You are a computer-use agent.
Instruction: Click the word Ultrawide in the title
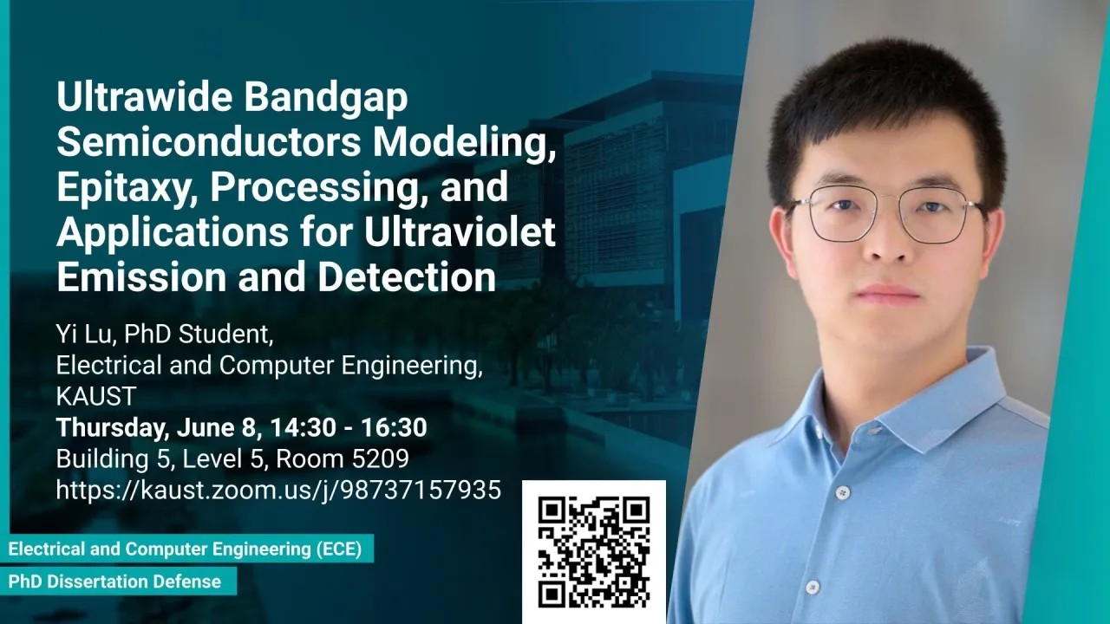(x=144, y=96)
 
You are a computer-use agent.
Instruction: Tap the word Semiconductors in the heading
(x=209, y=141)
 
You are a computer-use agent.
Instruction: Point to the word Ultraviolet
(x=460, y=231)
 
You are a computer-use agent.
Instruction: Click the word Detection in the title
(x=407, y=276)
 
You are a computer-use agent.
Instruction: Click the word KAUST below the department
(x=96, y=396)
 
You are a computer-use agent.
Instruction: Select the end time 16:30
(x=394, y=427)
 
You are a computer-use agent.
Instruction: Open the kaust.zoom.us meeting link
(x=278, y=490)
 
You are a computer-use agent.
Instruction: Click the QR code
(x=594, y=552)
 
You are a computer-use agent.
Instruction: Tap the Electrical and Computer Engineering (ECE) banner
(x=186, y=549)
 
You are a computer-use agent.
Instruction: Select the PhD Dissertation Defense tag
(x=118, y=581)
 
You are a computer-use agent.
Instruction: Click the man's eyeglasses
(x=885, y=214)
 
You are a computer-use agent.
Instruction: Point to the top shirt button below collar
(x=843, y=492)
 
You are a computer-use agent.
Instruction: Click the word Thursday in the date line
(x=110, y=428)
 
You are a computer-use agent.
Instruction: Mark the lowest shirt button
(x=813, y=588)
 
